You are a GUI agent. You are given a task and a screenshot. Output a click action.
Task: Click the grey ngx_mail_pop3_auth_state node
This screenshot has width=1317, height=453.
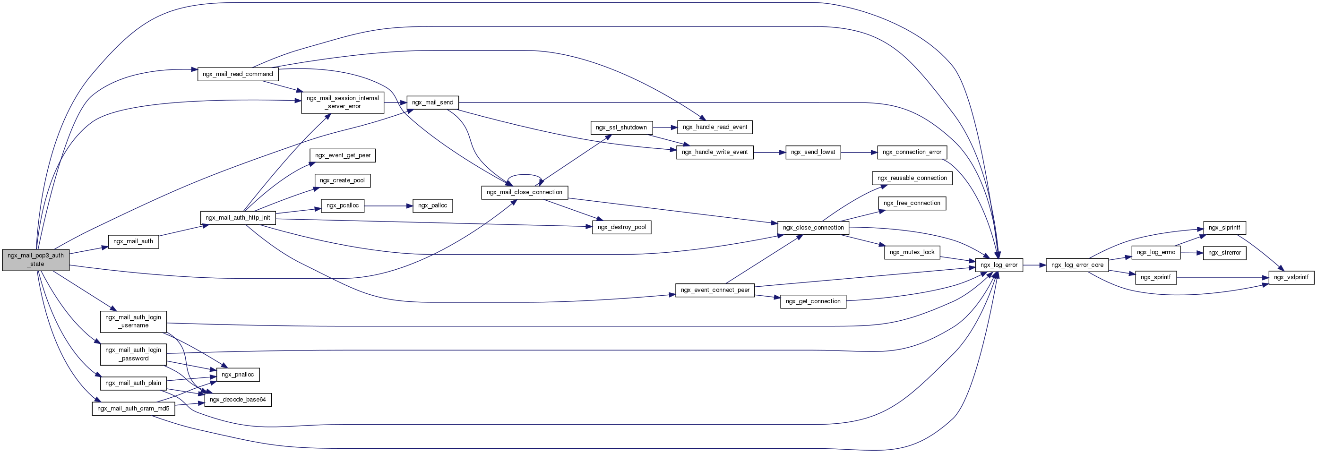[x=35, y=260]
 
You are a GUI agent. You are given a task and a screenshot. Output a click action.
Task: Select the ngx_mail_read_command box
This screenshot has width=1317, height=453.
[x=238, y=74]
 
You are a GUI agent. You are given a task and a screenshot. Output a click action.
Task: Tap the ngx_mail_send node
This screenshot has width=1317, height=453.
[x=432, y=102]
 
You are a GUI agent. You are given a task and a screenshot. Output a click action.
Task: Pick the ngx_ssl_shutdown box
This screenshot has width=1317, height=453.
[x=621, y=128]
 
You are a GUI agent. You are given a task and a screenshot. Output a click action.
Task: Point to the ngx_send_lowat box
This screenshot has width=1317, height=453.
[x=813, y=152]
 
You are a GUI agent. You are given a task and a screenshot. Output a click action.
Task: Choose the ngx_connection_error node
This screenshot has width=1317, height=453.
[x=912, y=152]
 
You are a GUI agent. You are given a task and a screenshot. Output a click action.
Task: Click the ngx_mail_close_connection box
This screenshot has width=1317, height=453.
[x=525, y=192]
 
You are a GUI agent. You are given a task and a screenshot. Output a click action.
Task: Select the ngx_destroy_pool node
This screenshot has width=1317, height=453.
[x=621, y=227]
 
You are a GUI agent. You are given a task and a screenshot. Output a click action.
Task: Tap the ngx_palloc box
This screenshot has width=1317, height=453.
[x=432, y=205]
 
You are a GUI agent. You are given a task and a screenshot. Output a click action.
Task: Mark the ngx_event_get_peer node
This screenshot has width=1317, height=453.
[x=343, y=155]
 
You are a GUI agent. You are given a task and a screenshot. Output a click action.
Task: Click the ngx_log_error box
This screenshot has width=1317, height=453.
[x=999, y=265]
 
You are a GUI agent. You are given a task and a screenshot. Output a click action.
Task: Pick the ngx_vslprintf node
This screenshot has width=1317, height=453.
[x=1291, y=277]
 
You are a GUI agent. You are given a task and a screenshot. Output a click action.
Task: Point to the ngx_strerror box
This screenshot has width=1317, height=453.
[x=1224, y=253]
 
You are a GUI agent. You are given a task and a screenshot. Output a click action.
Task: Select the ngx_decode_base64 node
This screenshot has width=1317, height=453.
[x=238, y=399]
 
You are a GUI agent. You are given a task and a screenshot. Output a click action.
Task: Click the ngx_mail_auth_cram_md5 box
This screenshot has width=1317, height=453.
[x=133, y=409]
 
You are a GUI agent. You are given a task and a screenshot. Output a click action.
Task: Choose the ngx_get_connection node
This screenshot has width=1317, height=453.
[x=813, y=301]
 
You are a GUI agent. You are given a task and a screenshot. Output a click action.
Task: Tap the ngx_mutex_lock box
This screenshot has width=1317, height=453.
[x=912, y=252]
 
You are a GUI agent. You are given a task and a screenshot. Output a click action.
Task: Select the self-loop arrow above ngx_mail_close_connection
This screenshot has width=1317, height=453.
[x=525, y=176]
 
